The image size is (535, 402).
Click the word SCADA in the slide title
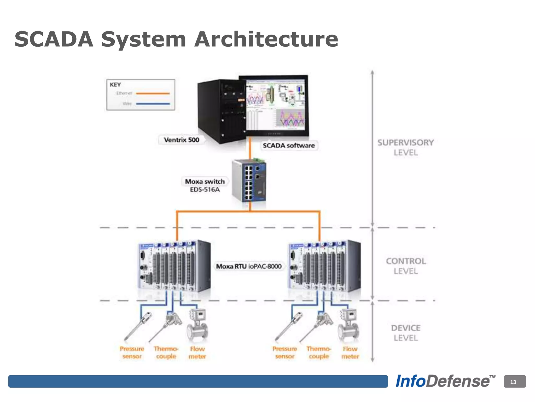[x=54, y=39]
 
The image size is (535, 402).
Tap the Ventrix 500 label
[x=182, y=140]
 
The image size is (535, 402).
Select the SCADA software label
[x=289, y=146]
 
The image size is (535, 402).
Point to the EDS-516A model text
[x=205, y=189]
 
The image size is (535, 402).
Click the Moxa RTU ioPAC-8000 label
[x=249, y=266]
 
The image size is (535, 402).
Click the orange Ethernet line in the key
[x=153, y=93]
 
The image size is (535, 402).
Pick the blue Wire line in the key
[x=153, y=104]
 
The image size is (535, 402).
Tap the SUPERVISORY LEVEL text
[x=406, y=147]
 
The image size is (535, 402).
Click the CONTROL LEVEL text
[x=406, y=266]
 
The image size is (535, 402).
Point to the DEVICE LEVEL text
[x=406, y=333]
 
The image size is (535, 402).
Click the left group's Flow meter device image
[x=197, y=326]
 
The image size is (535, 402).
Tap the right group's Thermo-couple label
[x=319, y=353]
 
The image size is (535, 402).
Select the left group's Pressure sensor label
[x=132, y=353]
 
